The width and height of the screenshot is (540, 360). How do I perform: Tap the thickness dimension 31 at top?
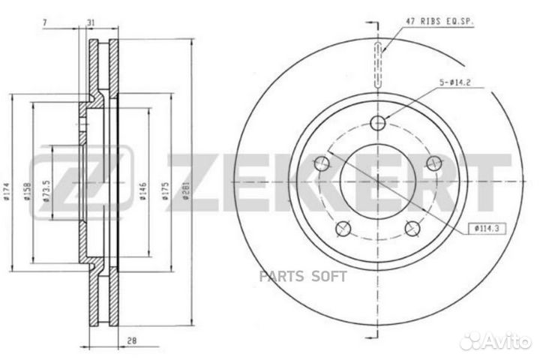(90, 22)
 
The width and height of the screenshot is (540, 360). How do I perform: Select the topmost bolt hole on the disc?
(378, 121)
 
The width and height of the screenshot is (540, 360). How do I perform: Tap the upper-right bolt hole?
(433, 163)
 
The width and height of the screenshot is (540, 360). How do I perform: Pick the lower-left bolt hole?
(343, 228)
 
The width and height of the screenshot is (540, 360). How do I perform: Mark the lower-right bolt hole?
(412, 228)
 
